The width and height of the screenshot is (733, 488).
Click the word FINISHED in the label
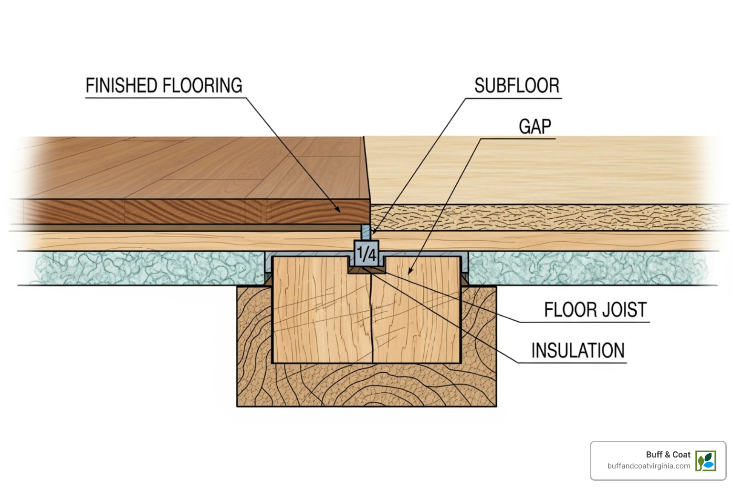[x=122, y=86]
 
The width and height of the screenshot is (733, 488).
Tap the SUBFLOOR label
[x=516, y=86]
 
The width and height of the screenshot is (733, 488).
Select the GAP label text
[x=535, y=127]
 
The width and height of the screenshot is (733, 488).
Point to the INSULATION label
[x=577, y=351]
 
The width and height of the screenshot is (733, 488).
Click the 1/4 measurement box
[x=366, y=253]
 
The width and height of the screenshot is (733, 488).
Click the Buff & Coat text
[x=668, y=455]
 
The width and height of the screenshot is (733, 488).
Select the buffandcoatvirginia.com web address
[x=649, y=466]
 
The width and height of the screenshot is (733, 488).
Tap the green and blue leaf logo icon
[x=705, y=461]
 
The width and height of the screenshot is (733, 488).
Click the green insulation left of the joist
[x=143, y=268]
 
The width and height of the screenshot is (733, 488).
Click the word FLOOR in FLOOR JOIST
[x=565, y=310]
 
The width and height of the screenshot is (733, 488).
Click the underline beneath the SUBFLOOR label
[x=513, y=99]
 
